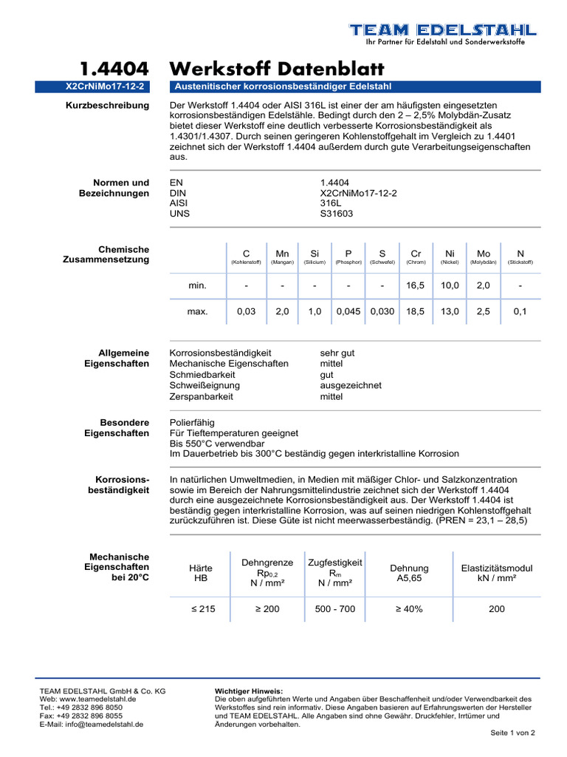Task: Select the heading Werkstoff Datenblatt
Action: pos(277,69)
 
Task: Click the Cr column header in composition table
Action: pos(416,253)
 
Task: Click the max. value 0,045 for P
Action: pos(348,312)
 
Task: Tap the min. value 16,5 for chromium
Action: pos(416,285)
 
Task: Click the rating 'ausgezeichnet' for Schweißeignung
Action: pos(351,386)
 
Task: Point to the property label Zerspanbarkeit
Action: pos(202,397)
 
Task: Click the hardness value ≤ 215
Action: pos(201,609)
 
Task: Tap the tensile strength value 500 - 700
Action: pos(334,609)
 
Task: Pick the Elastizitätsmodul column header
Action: pos(496,568)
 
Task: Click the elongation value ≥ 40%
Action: pos(408,609)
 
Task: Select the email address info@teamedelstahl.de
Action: pos(92,724)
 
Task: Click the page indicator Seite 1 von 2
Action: pos(512,733)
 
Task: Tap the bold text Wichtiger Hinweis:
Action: pos(243,690)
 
